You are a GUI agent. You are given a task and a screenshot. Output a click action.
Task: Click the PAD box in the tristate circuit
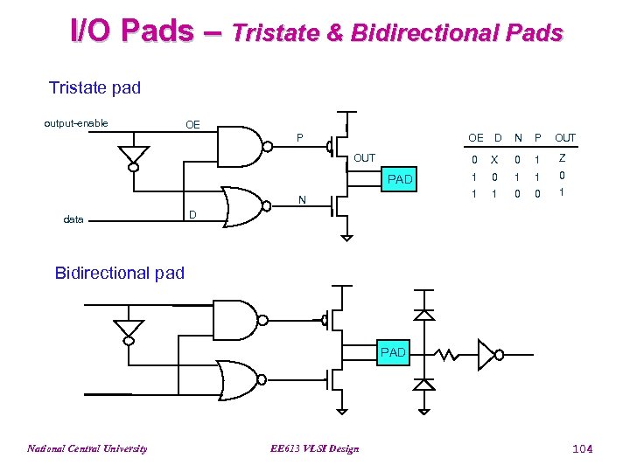coord(399,178)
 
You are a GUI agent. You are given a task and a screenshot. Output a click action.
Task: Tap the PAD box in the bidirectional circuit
coord(393,352)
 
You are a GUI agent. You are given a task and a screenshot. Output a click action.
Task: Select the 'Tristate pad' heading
coord(94,87)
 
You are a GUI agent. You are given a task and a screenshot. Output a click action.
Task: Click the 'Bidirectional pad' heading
coord(120,273)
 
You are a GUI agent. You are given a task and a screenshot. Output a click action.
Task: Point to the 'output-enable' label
coord(76,123)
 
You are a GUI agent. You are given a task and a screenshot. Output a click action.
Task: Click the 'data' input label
coord(73,219)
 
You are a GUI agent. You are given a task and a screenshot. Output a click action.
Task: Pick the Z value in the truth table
coord(563,158)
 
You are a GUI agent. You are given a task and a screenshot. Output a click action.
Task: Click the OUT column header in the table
coord(565,137)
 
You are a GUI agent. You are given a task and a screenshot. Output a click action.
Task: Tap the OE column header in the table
coord(475,137)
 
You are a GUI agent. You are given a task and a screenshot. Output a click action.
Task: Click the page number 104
coord(582,448)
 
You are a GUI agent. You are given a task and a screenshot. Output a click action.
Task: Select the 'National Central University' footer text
coord(87,448)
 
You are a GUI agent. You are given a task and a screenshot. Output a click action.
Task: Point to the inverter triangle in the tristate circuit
coord(133,156)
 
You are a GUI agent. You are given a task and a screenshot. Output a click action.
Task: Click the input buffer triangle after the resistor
coord(486,354)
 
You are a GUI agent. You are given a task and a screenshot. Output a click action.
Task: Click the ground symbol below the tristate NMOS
coord(346,234)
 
